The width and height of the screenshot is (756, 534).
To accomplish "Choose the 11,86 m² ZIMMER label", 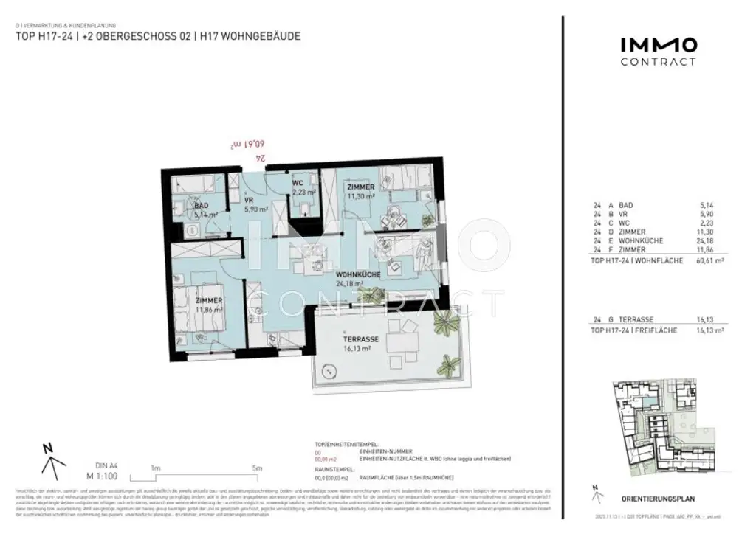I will tap(208, 302).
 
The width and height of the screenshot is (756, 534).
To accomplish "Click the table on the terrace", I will tap(402, 344).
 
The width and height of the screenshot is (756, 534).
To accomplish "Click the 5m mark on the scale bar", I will tap(258, 468).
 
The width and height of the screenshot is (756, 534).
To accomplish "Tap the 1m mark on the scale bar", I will tap(156, 468).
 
